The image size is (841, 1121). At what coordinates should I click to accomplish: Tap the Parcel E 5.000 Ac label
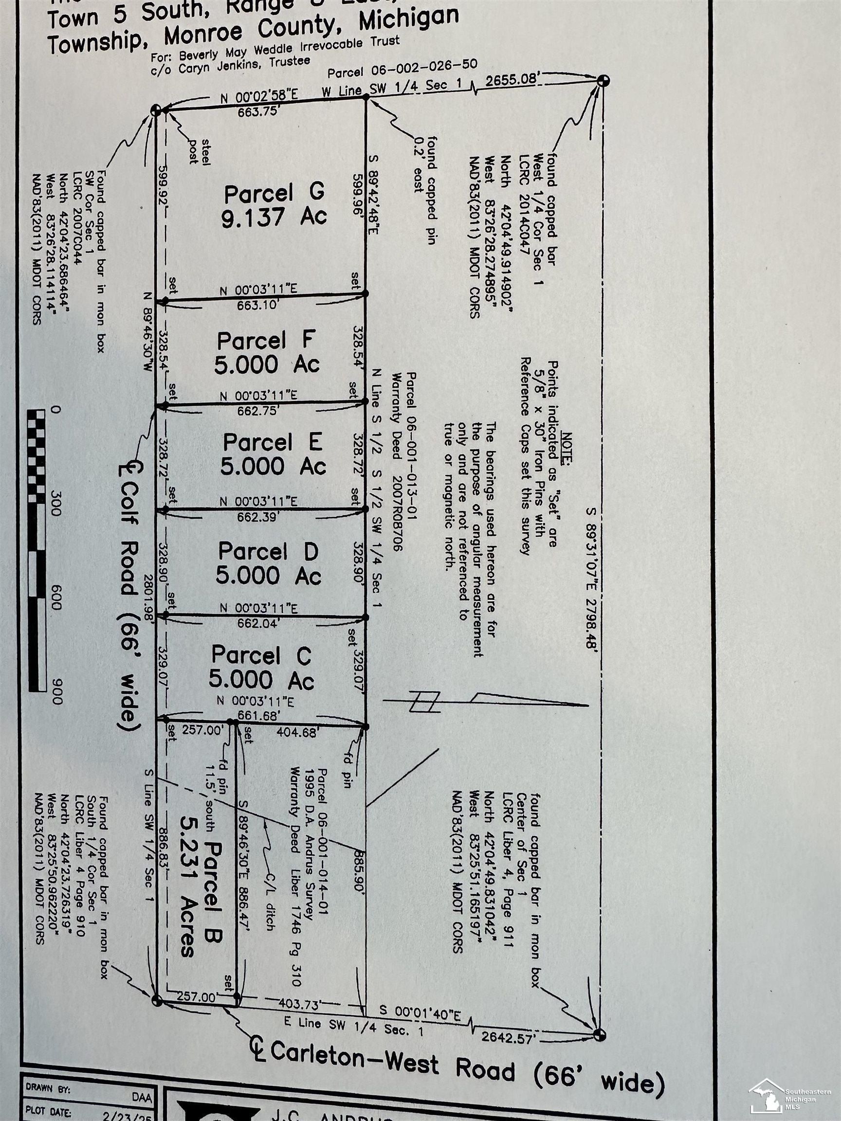pos(273,454)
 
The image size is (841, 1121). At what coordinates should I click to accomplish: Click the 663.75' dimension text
pos(259,112)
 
